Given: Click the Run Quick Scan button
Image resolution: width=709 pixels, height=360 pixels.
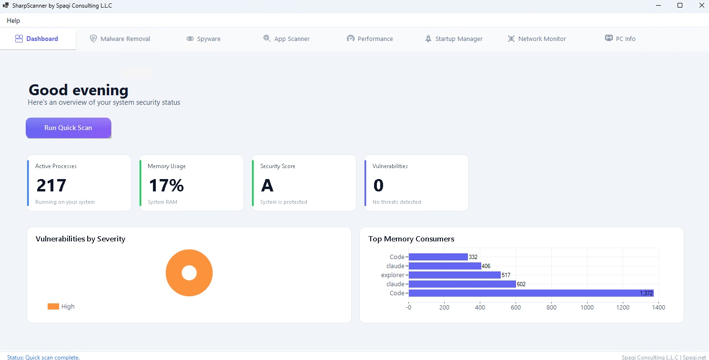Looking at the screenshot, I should (68, 128).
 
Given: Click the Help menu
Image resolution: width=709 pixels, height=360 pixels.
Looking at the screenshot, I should (13, 20).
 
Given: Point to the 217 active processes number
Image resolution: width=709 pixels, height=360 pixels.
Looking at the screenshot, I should (51, 185).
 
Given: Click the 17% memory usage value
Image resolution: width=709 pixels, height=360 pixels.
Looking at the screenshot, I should (166, 185).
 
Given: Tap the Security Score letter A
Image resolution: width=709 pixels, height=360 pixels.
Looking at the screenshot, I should (267, 185).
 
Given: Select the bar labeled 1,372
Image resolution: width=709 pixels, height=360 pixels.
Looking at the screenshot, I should (531, 293).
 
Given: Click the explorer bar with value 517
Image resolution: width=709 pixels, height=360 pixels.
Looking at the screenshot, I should (455, 275).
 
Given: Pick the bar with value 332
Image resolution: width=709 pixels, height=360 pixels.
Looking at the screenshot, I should (438, 257).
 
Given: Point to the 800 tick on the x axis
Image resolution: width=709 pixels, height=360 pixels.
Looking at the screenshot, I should (551, 307).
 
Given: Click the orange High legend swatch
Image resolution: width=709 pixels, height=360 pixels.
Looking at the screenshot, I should (53, 307).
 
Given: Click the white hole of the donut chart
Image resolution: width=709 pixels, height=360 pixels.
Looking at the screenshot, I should (189, 273).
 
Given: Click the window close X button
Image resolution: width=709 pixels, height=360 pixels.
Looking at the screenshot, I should (701, 6).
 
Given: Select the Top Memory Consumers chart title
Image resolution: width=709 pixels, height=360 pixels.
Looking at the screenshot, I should (411, 239).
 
